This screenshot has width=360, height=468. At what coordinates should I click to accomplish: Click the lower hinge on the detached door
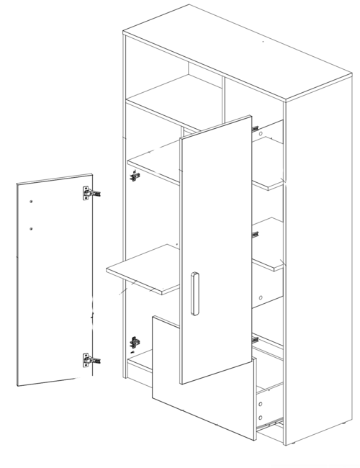point(89,359)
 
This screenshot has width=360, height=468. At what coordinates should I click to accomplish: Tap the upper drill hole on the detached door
point(32,202)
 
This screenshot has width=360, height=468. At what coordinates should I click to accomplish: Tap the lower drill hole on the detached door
point(32,229)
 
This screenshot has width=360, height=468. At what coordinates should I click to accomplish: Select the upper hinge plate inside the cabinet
point(133,174)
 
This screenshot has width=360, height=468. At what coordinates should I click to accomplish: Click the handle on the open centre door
point(194,294)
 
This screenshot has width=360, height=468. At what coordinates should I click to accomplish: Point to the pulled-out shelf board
point(144,270)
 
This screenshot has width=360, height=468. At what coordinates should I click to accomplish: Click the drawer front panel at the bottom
point(202,382)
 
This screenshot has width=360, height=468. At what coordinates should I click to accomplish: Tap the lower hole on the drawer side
point(259,418)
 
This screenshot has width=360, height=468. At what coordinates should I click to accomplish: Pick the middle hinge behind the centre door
point(255,233)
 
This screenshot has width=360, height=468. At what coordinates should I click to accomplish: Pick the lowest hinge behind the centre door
point(254,337)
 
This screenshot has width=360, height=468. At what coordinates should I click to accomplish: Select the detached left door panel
point(54,281)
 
